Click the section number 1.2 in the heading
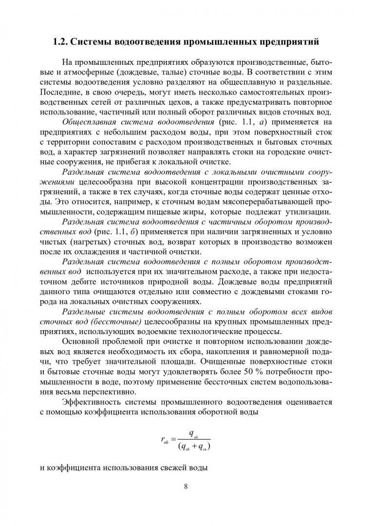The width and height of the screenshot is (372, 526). [x=60, y=42]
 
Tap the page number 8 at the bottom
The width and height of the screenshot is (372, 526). [x=186, y=486]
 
